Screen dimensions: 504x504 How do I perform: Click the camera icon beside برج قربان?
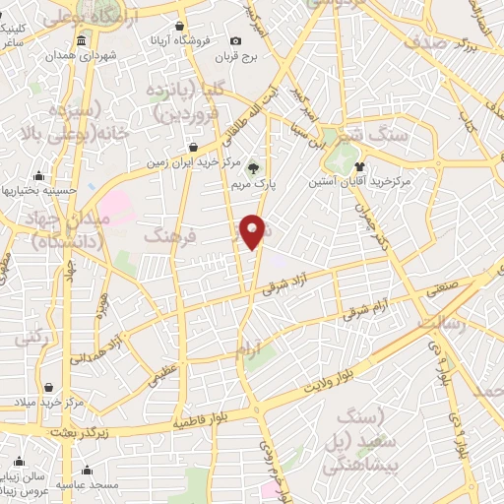click(x=235, y=40)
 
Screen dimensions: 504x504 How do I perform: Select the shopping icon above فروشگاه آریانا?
click(x=179, y=27)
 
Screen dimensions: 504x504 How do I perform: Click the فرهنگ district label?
click(x=171, y=235)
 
